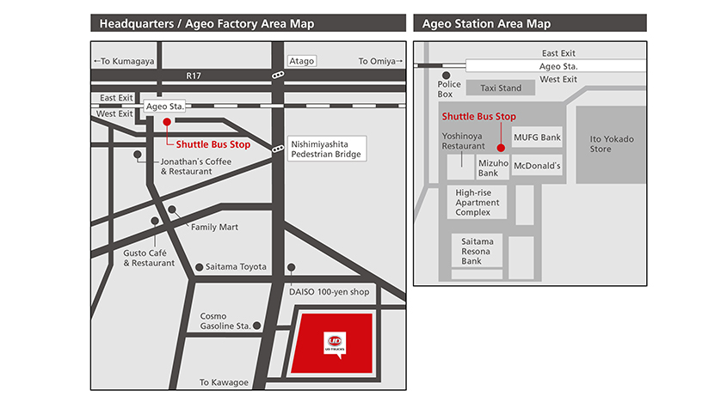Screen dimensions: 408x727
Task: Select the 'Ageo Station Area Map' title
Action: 486,23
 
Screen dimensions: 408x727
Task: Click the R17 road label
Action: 194,76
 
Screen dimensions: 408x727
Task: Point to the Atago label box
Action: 301,61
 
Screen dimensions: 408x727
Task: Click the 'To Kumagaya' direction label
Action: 124,61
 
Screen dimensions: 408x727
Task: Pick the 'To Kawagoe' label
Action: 223,382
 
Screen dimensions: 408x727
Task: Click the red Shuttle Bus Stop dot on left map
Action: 167,122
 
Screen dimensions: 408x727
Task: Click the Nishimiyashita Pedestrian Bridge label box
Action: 325,148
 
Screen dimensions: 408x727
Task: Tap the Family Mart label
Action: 214,227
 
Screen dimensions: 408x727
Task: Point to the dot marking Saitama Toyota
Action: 200,268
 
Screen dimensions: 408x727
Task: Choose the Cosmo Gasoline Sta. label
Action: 225,321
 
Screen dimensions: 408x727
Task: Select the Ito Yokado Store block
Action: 611,143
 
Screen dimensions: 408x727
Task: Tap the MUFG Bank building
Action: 537,137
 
